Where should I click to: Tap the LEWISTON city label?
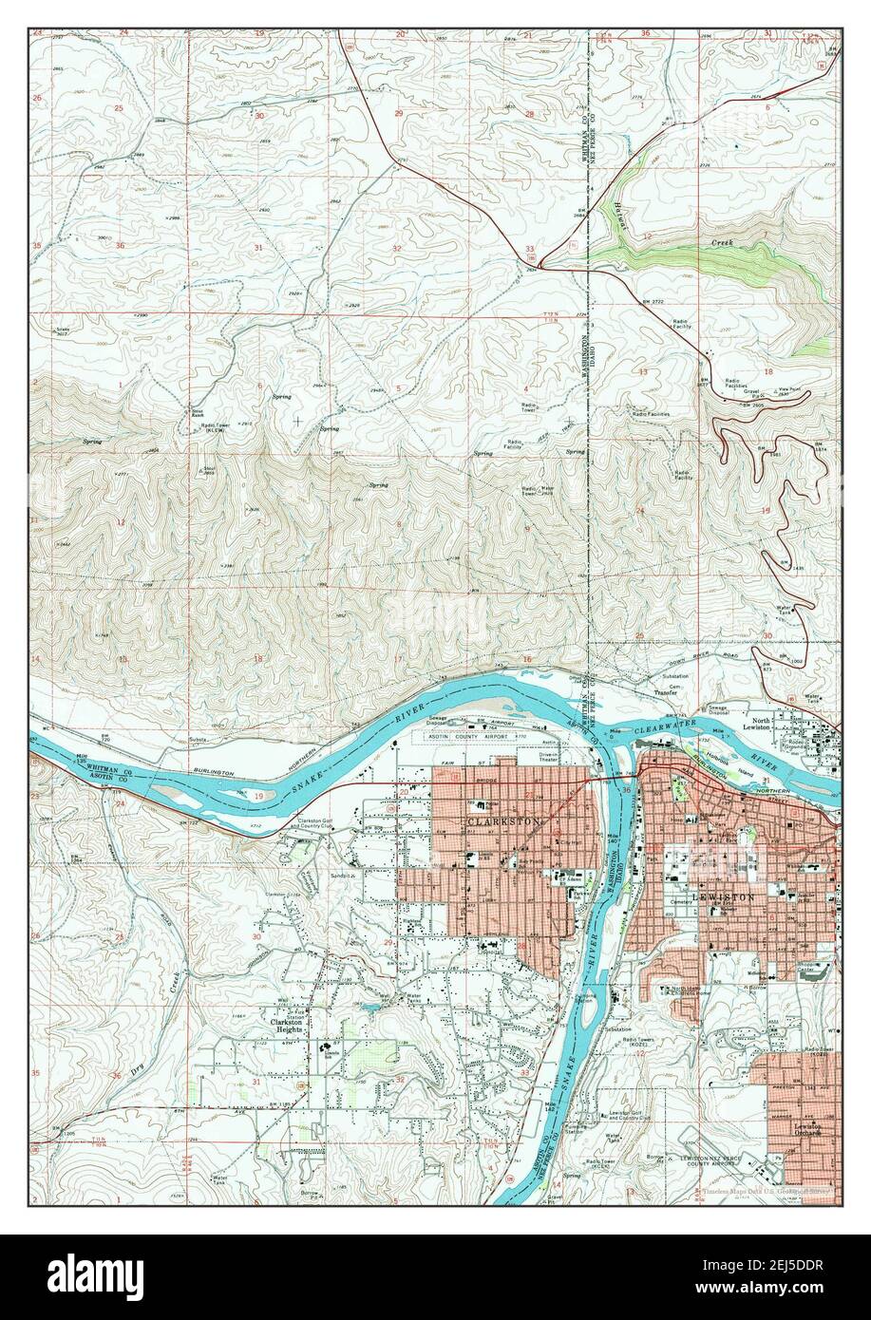(x=725, y=896)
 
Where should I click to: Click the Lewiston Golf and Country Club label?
(x=634, y=1116)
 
